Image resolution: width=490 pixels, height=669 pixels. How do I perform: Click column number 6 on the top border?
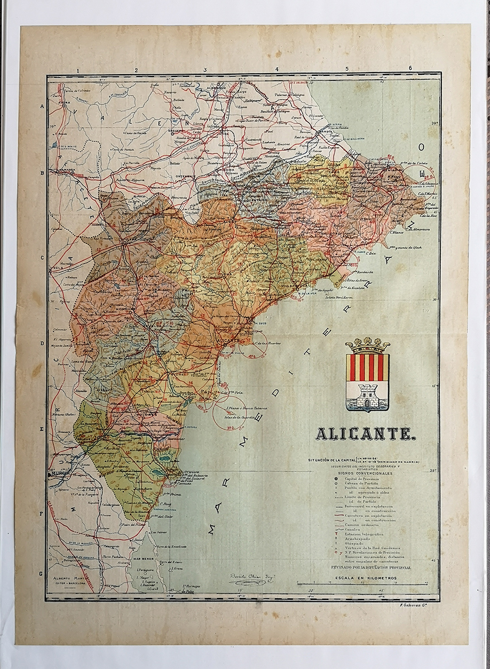click(410, 68)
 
